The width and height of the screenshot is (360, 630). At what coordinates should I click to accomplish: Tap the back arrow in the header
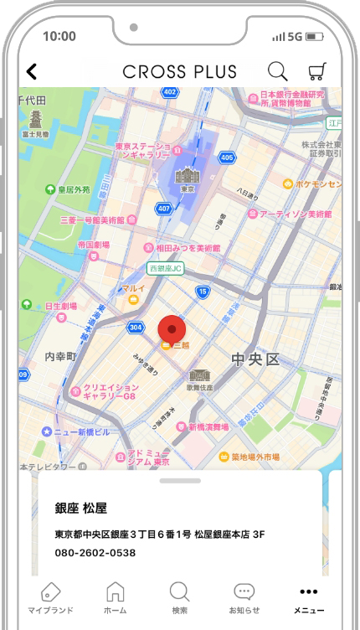pos(32,72)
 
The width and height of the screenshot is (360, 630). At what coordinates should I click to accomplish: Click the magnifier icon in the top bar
pos(277,72)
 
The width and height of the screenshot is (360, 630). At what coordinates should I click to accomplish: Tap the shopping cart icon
pos(317,72)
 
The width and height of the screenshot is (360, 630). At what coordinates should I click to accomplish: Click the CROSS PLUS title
pos(180,72)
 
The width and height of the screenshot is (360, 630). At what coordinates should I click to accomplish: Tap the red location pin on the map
pos(172,328)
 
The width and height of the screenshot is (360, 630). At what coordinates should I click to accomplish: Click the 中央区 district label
pos(255,359)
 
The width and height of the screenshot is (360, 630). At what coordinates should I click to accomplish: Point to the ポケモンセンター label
pos(314,183)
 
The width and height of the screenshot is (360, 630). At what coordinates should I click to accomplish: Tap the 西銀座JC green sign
pos(166,269)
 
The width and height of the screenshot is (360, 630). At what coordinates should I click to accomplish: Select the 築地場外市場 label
pos(255,457)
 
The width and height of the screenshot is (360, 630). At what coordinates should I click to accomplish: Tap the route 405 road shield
pos(227,157)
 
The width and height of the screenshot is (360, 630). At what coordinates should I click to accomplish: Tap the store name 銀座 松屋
pos(82,509)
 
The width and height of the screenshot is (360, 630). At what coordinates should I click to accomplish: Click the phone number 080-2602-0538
pos(95,553)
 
